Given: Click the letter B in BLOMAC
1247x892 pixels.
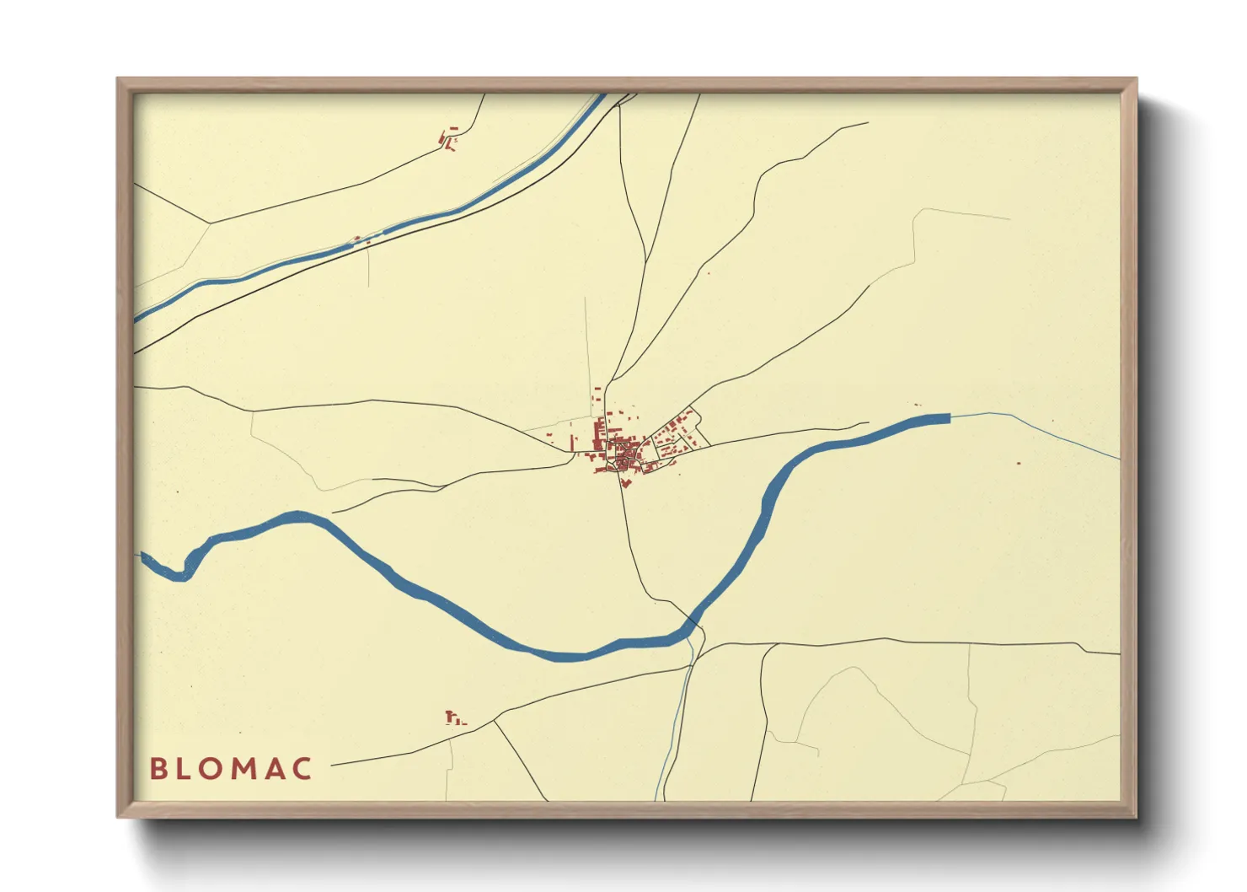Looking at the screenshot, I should click(158, 768).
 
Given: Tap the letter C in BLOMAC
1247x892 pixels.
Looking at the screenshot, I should click(302, 768).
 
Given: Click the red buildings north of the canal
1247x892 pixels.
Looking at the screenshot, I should click(448, 139).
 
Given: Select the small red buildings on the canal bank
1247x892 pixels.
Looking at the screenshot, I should click(360, 239).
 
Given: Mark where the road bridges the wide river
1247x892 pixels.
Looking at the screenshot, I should click(695, 621).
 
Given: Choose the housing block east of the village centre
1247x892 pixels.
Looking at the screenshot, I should click(678, 434).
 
